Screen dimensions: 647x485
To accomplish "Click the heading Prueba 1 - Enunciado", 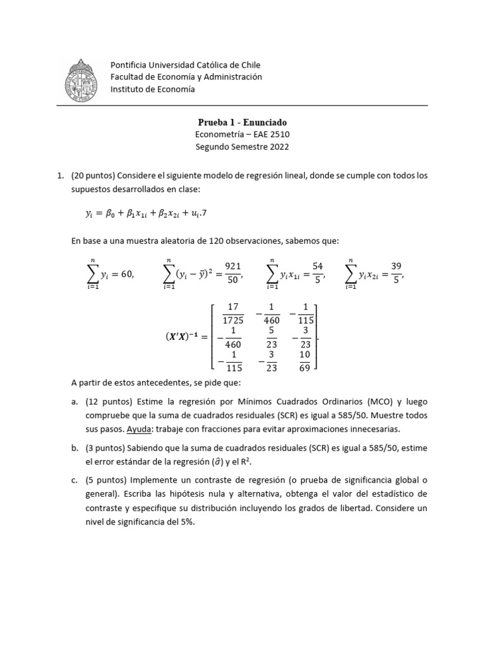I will [x=242, y=122].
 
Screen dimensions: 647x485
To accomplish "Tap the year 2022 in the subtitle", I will [x=279, y=147].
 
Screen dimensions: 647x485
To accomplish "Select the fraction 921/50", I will [x=233, y=272].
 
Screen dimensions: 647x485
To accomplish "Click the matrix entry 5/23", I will [x=271, y=337].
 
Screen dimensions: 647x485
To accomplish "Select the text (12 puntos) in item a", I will [x=108, y=401].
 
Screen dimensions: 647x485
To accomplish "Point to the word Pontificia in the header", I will [x=131, y=65].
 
